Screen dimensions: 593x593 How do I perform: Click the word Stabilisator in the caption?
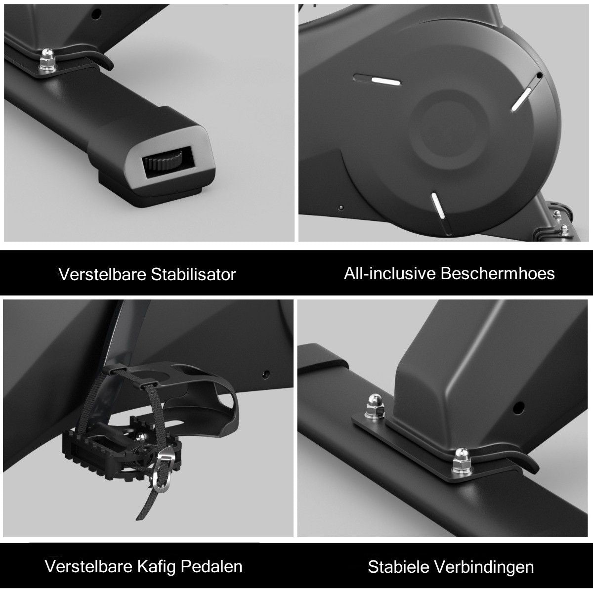point(193,274)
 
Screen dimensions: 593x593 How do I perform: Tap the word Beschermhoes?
point(498,273)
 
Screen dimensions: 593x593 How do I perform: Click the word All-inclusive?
point(390,273)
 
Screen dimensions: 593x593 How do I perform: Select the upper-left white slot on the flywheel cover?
point(377,80)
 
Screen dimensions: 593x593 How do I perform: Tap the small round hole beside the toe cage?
point(266,374)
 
